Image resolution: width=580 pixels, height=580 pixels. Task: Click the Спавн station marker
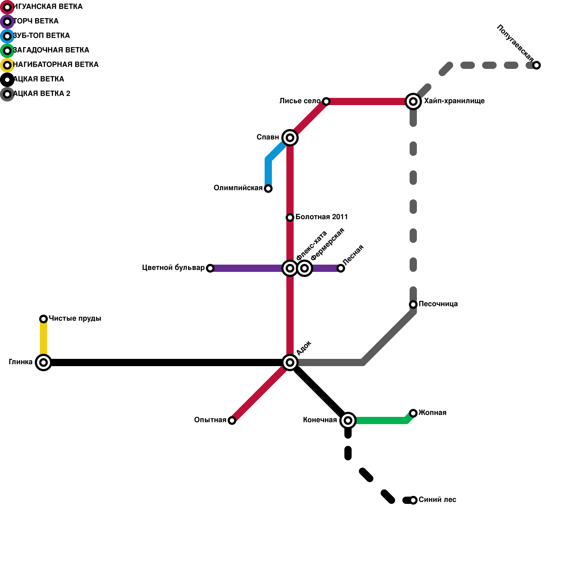290,138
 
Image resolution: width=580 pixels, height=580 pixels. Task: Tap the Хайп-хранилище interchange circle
413,101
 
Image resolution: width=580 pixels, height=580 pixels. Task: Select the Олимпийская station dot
268,188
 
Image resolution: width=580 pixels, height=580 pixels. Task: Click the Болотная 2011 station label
322,217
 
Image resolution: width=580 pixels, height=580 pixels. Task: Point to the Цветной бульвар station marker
210,268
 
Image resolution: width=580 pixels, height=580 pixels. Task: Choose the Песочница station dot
413,304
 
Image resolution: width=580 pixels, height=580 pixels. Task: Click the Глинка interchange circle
43,362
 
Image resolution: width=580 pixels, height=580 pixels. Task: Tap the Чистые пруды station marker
43,319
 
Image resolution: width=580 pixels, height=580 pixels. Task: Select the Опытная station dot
232,420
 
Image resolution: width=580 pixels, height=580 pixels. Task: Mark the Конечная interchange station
348,420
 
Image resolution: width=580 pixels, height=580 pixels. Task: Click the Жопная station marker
413,413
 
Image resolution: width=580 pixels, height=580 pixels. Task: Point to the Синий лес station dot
413,500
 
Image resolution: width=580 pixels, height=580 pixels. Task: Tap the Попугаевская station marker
536,65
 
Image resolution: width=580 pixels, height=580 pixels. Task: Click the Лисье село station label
300,101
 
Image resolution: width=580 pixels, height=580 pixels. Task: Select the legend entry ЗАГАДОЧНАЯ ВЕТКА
51,50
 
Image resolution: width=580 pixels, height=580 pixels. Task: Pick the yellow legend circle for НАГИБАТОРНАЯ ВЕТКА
7,65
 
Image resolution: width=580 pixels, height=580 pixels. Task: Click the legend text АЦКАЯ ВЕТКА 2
42,94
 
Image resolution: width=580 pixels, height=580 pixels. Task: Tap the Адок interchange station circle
290,362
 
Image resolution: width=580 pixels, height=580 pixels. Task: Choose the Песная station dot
341,268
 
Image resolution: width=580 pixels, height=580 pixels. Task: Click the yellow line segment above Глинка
43,339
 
